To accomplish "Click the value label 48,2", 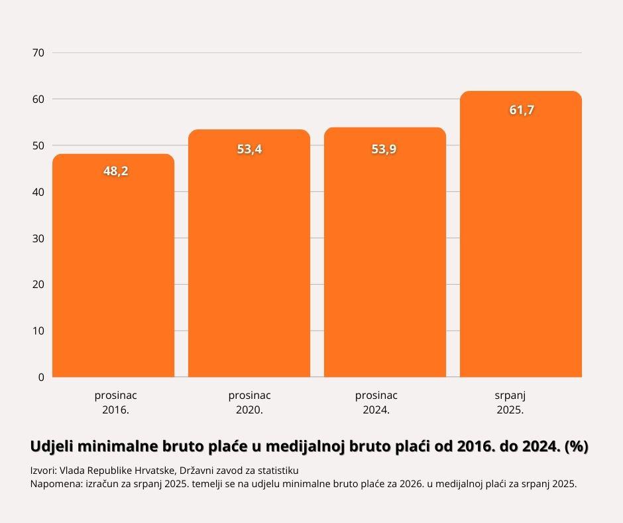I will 116,171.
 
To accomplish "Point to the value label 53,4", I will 250,149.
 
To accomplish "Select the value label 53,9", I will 384,149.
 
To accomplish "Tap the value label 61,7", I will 522,110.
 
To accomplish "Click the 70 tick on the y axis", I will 38,52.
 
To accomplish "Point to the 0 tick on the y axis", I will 41,377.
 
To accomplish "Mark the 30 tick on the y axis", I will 38,238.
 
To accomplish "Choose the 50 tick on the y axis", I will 38,145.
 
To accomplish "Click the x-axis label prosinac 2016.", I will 115,402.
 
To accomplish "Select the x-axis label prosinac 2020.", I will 249,402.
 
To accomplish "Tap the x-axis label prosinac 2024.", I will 376,402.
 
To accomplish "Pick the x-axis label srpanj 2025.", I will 510,402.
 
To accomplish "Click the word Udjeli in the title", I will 52,447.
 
